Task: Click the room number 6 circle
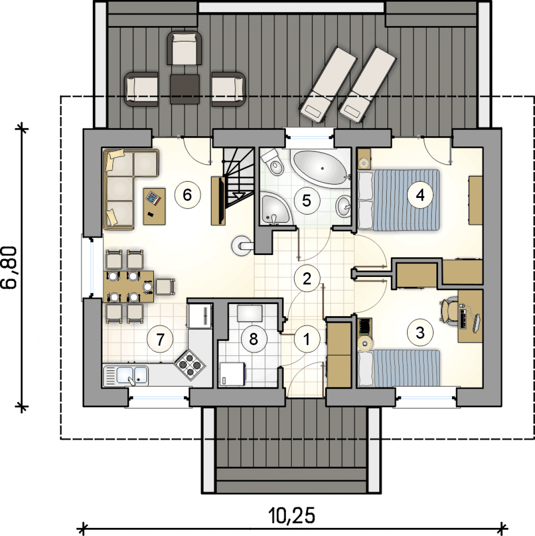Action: [x=187, y=195]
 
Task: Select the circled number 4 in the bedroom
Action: [x=420, y=195]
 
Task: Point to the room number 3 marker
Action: [x=420, y=332]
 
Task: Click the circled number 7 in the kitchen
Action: [x=160, y=339]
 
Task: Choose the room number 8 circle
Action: [x=253, y=339]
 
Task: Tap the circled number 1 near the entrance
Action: [x=307, y=339]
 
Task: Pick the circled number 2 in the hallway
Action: [x=307, y=278]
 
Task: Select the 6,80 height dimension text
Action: [x=11, y=268]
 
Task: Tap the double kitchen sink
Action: [x=126, y=376]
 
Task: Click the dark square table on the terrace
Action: [x=185, y=89]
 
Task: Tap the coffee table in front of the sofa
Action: [x=154, y=206]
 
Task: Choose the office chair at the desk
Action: [x=448, y=311]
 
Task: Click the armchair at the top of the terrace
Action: [x=185, y=48]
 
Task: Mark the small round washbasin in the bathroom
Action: [x=344, y=207]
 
